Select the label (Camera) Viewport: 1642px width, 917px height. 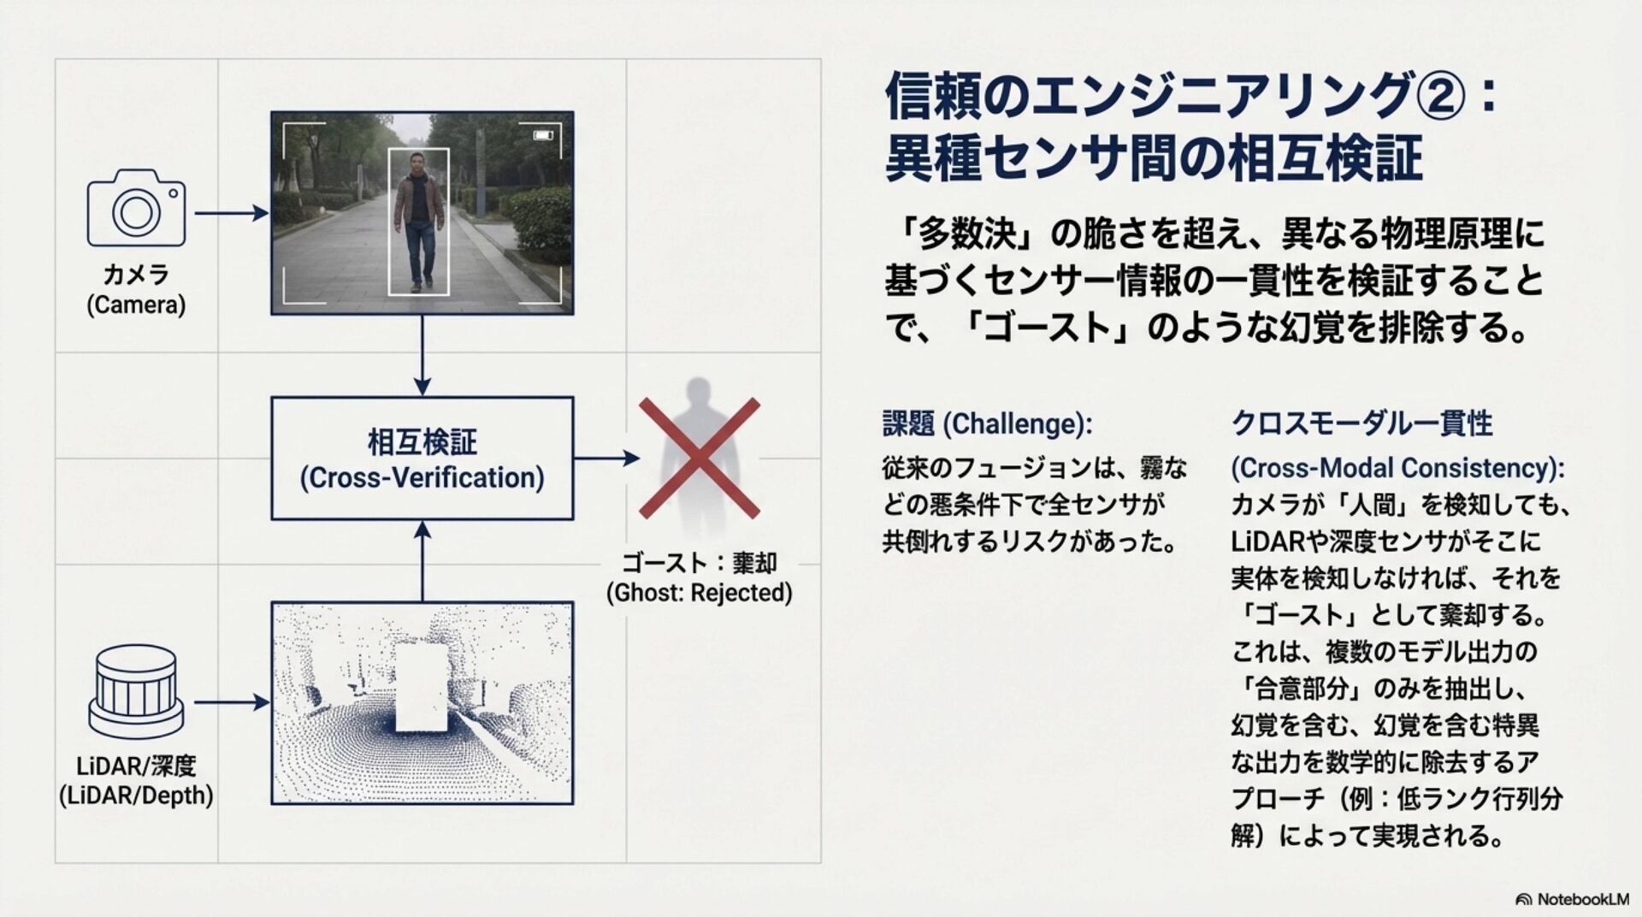pos(136,305)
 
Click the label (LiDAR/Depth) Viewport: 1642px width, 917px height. pos(136,796)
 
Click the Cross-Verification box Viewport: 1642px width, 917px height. pos(422,458)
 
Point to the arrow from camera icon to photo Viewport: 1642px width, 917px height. pos(231,213)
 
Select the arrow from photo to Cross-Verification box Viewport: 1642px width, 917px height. pos(422,355)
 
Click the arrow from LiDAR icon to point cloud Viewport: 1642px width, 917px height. pos(231,703)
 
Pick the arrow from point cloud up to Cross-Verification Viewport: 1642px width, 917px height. pos(422,561)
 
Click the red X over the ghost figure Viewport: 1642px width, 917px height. pos(700,458)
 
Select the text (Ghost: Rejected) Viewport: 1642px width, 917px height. pos(699,593)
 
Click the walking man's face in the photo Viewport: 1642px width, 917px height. pos(417,163)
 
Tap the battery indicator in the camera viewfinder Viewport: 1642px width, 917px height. pos(542,135)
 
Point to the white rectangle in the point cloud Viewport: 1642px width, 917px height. pos(421,689)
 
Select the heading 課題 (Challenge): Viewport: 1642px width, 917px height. pos(987,423)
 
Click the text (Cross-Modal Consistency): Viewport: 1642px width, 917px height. pos(1397,468)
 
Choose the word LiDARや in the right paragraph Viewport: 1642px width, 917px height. pos(1277,541)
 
